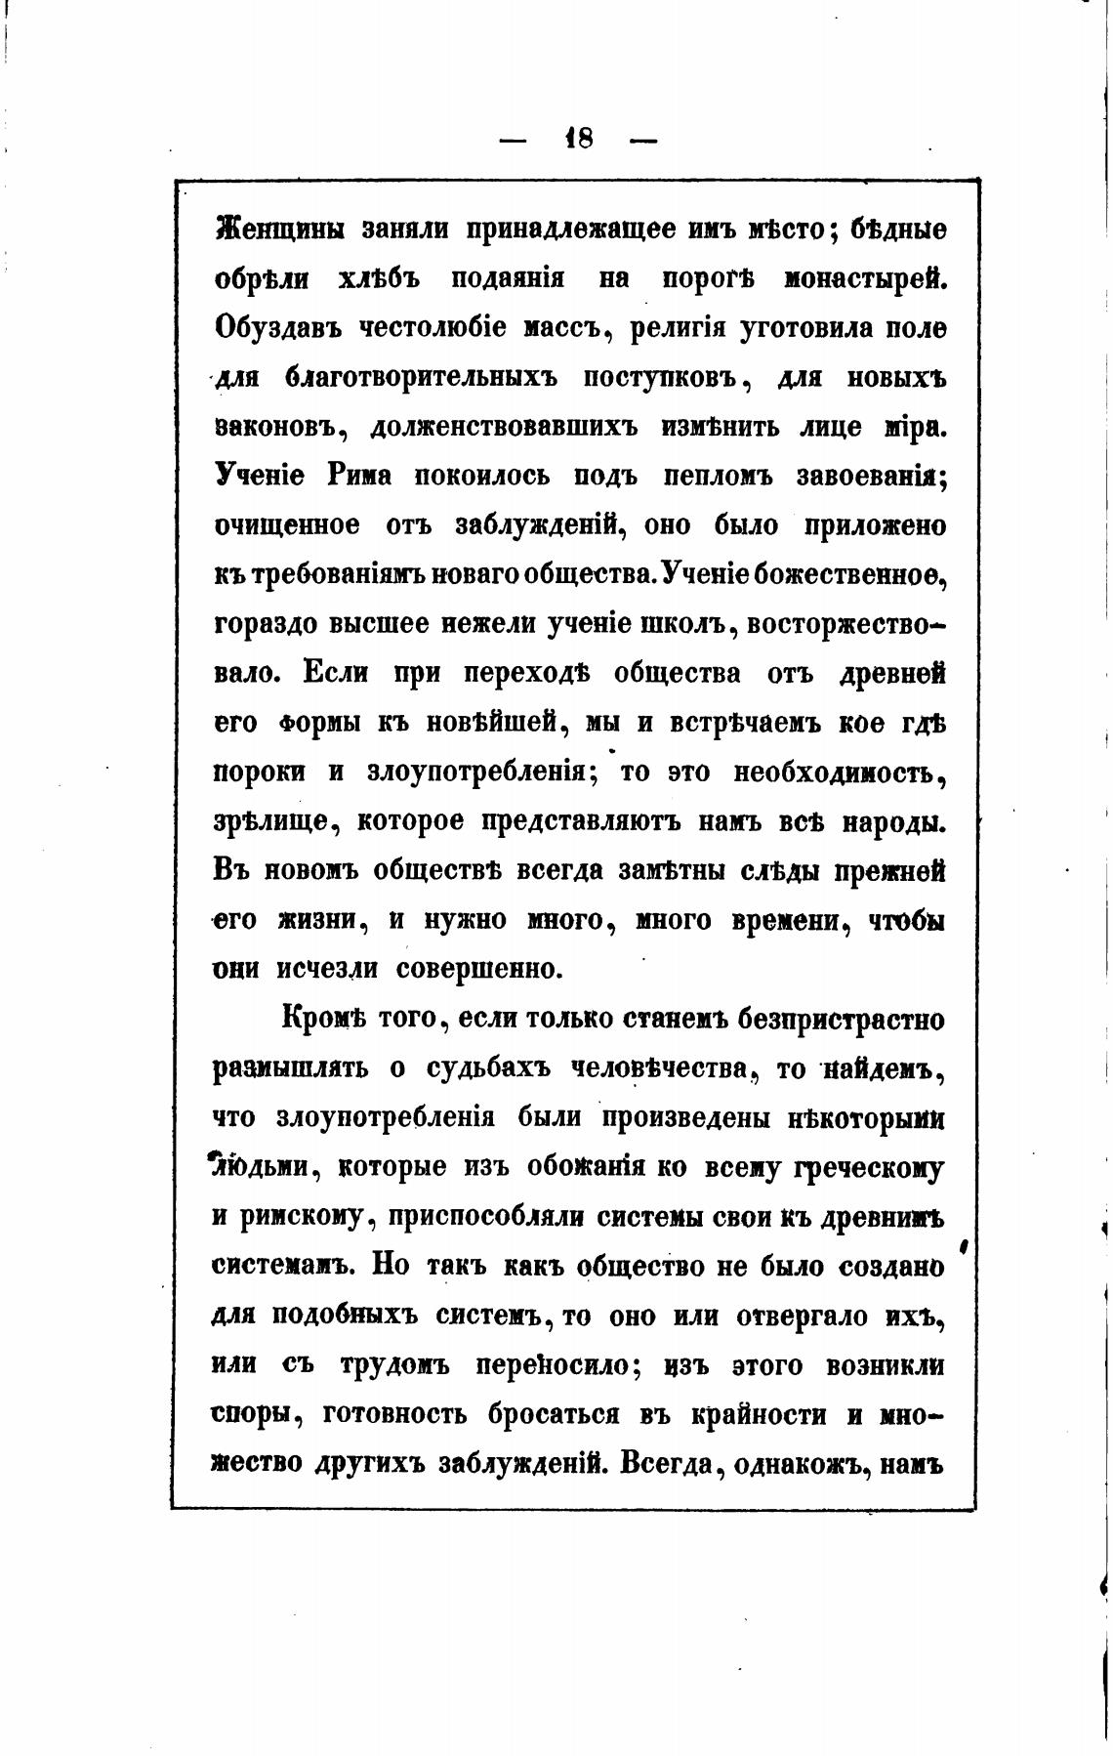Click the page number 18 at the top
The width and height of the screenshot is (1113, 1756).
coord(579,139)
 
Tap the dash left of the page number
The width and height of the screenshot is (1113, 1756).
coord(512,141)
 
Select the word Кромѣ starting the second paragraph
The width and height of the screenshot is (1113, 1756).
coord(322,1020)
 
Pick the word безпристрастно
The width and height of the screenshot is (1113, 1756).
coord(842,1020)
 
